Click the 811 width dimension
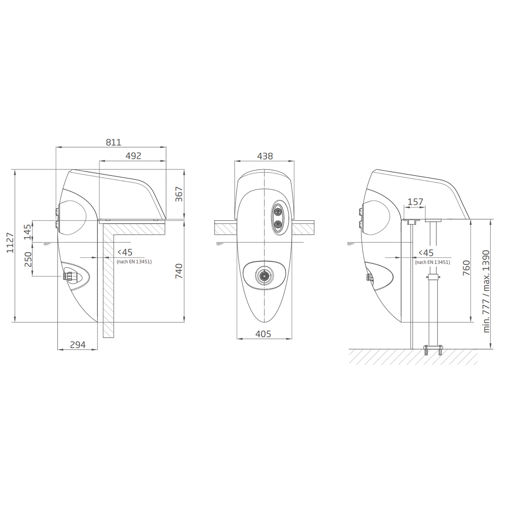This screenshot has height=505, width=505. click(x=114, y=142)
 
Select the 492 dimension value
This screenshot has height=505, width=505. click(x=133, y=156)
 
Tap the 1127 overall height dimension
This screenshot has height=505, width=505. click(x=10, y=242)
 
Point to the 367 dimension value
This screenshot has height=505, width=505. click(x=179, y=194)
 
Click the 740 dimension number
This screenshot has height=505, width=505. click(x=179, y=271)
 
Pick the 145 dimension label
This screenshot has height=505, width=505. click(x=28, y=232)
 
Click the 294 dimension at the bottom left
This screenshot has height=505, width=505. click(x=78, y=344)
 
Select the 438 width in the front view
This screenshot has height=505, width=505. click(x=265, y=156)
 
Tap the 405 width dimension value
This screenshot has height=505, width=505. click(x=263, y=334)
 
